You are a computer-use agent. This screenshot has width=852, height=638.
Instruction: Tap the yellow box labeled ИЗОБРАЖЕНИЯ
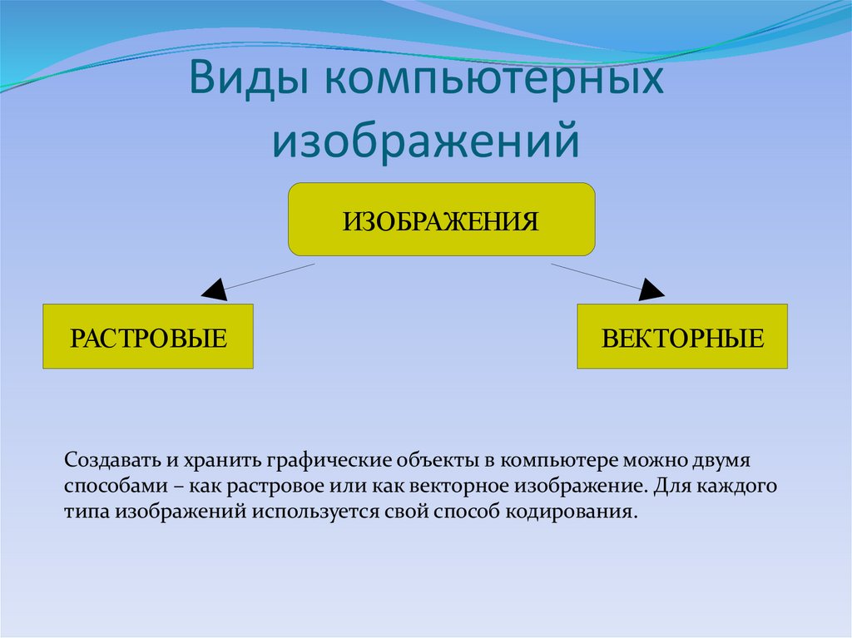(441, 220)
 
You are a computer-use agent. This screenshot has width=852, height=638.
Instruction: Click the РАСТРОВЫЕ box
(148, 337)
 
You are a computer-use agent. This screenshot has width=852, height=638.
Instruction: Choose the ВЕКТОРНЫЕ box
(682, 337)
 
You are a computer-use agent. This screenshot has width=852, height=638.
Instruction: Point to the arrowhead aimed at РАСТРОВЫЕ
(214, 289)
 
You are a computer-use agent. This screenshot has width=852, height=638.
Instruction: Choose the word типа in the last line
(87, 510)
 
